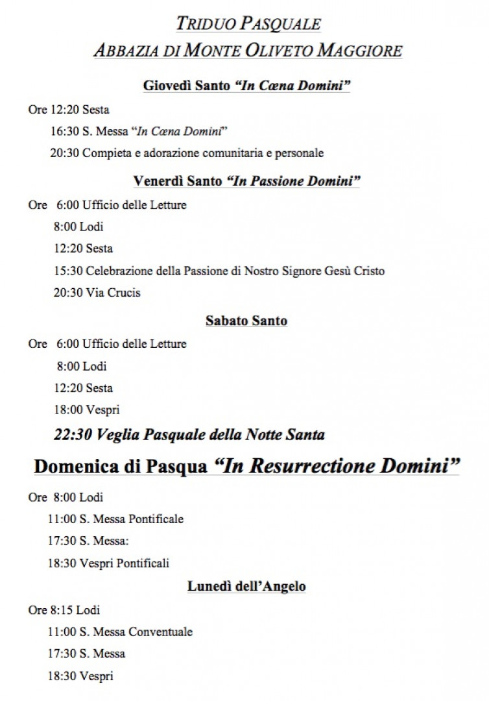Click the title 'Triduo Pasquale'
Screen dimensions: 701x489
tap(248, 24)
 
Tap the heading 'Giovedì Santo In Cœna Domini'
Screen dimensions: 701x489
tap(246, 86)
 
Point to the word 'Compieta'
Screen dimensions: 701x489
tap(105, 154)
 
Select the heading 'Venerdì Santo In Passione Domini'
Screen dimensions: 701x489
tap(246, 181)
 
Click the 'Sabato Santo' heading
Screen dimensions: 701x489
tap(246, 321)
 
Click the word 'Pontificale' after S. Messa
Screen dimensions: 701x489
tap(156, 519)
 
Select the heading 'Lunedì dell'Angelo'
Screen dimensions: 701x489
tap(246, 587)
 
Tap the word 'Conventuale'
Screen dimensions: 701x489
tap(160, 632)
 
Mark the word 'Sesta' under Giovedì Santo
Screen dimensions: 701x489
tap(95, 110)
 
